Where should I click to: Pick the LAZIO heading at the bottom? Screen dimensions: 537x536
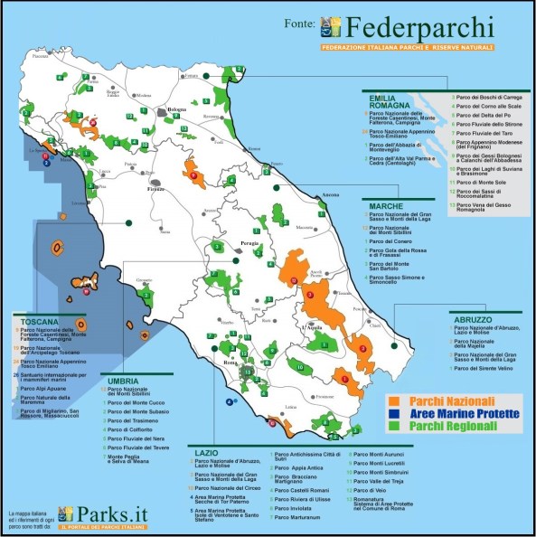coord(205,449)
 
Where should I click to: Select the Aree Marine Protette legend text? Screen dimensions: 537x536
coord(464,413)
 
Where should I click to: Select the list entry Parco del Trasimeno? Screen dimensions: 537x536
coord(134,422)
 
